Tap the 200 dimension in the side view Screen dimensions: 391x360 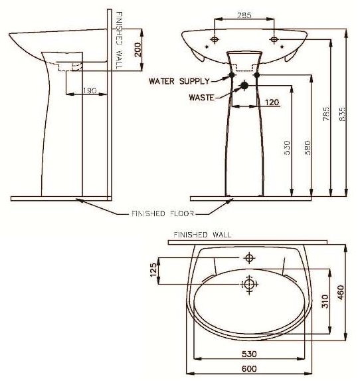(x=137, y=50)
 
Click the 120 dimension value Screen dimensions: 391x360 (x=271, y=102)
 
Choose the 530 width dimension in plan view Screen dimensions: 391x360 (x=250, y=354)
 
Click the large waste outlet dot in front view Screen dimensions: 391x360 (x=244, y=85)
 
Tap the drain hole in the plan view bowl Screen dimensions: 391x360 (x=250, y=284)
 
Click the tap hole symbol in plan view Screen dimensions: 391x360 (x=250, y=257)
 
